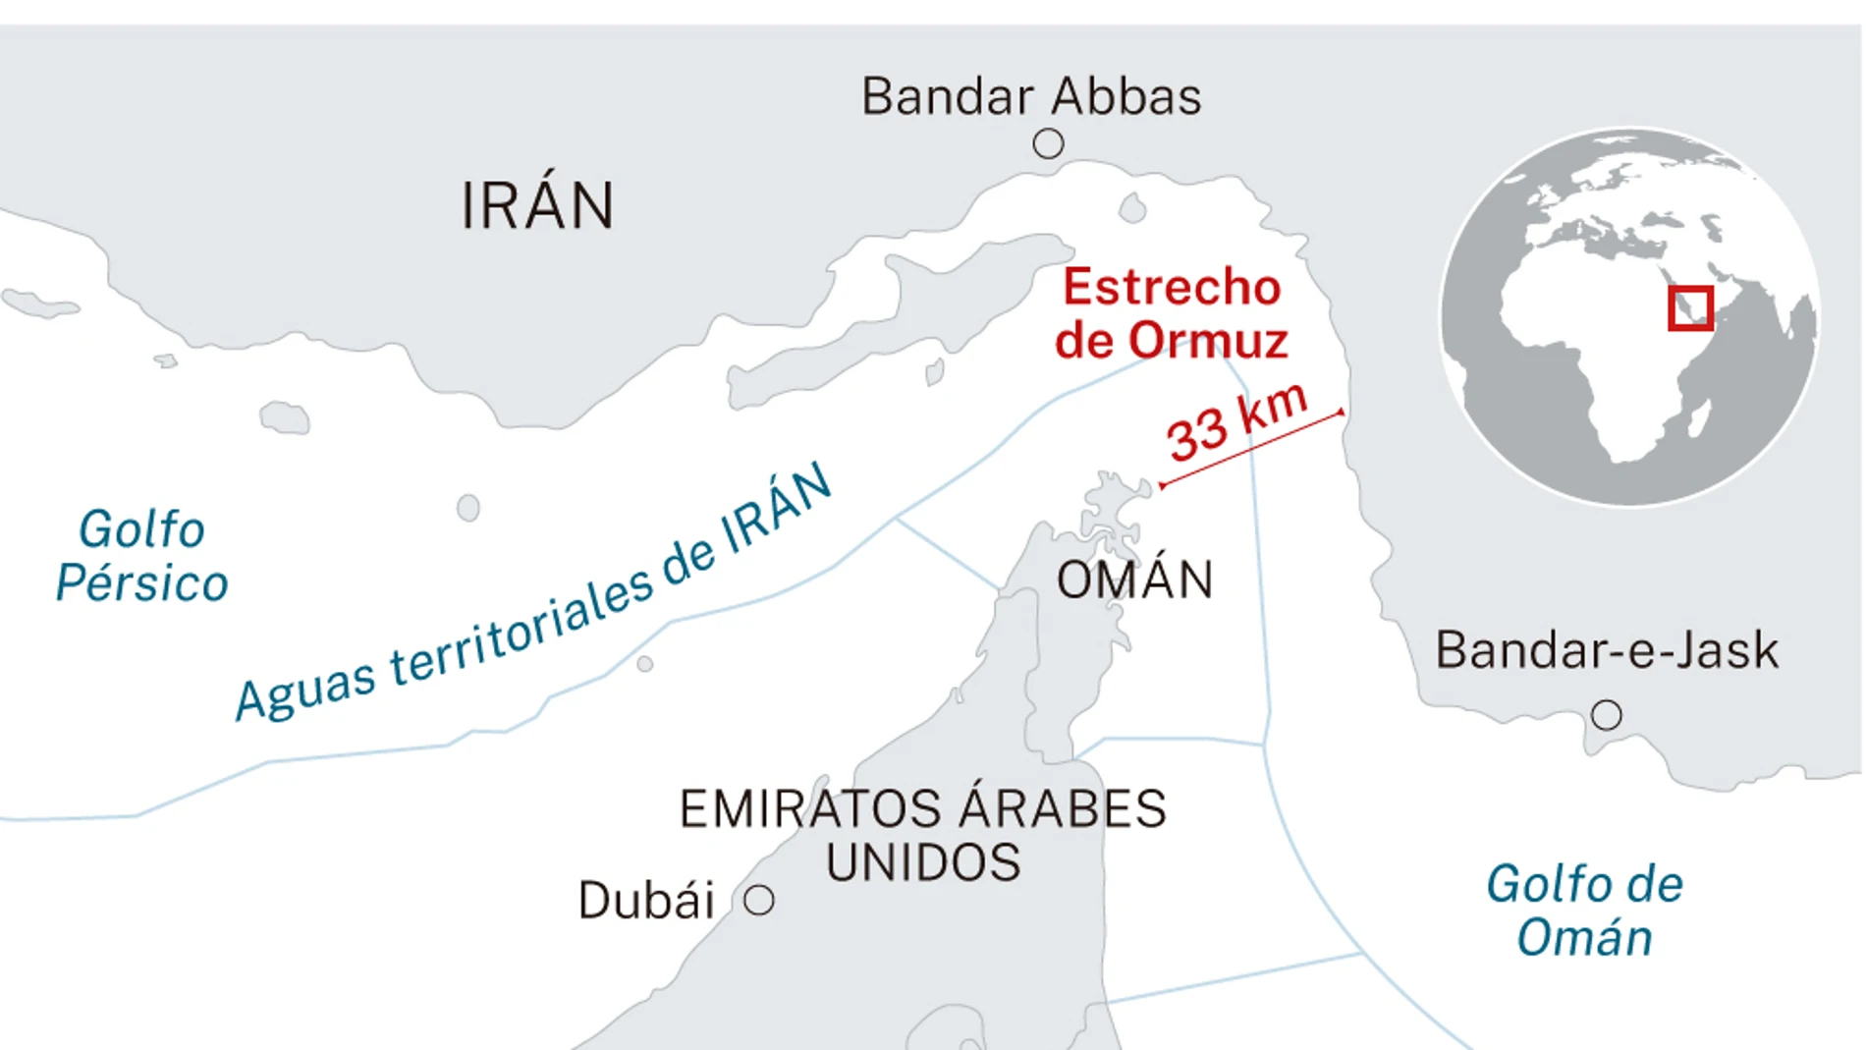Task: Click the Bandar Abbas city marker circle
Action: click(x=1048, y=144)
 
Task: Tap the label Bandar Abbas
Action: click(x=1030, y=96)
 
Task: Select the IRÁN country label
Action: click(x=537, y=206)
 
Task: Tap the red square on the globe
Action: click(x=1690, y=308)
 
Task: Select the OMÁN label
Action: click(x=1134, y=580)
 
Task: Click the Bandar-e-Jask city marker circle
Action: click(x=1606, y=715)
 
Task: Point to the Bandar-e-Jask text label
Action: click(x=1607, y=650)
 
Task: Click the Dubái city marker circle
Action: click(x=758, y=900)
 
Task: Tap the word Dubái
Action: click(x=646, y=901)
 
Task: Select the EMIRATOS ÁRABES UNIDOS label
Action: click(x=922, y=835)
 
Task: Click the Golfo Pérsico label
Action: click(x=141, y=556)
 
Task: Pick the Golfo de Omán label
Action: click(x=1584, y=911)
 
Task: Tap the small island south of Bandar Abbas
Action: click(x=1132, y=208)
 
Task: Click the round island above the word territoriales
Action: click(x=468, y=508)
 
